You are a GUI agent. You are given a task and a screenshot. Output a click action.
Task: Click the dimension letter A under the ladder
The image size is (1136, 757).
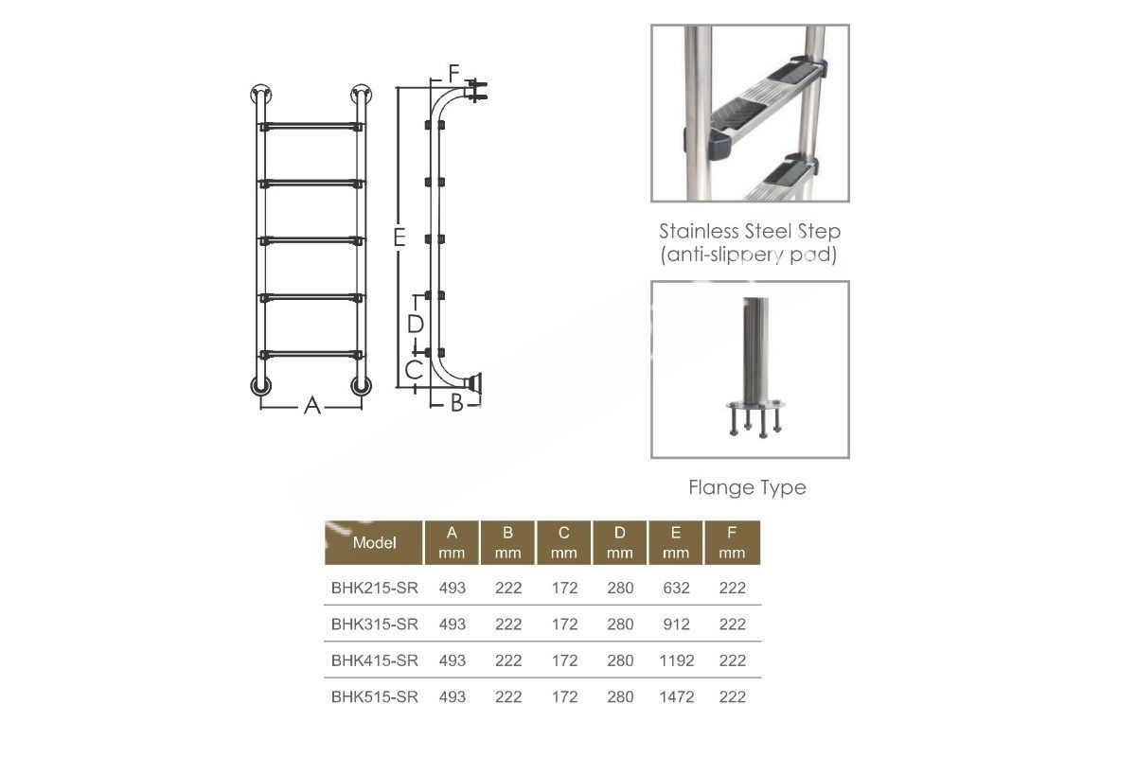312,406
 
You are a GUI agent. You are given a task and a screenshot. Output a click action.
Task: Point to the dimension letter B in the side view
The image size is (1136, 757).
457,403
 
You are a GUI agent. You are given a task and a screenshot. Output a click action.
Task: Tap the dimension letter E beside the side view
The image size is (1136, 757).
399,238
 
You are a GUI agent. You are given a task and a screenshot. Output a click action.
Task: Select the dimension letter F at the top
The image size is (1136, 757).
453,74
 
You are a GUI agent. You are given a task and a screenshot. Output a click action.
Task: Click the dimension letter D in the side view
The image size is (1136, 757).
416,324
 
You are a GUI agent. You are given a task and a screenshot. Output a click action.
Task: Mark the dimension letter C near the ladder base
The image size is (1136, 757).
415,370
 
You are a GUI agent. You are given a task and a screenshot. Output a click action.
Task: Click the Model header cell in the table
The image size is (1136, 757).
374,542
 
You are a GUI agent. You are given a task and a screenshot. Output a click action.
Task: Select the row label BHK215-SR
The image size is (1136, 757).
375,588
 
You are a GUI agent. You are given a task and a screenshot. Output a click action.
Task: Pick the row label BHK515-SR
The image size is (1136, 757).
375,696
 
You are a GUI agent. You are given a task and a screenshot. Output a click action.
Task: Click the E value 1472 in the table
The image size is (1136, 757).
677,696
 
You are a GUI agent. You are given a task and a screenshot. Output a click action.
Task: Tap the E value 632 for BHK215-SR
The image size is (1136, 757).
677,588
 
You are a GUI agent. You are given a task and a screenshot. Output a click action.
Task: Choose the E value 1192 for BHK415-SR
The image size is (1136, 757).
677,660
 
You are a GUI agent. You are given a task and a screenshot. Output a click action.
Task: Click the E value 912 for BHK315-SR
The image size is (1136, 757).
677,624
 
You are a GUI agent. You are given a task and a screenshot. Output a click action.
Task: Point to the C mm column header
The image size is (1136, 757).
564,542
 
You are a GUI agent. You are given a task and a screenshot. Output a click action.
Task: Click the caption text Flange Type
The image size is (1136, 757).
747,487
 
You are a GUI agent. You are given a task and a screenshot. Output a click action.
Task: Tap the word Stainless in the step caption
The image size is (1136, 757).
699,231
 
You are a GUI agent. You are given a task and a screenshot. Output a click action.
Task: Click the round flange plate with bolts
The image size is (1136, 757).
755,405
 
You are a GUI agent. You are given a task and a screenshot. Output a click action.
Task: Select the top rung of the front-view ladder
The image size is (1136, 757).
311,125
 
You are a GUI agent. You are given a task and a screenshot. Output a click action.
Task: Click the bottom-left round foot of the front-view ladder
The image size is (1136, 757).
260,386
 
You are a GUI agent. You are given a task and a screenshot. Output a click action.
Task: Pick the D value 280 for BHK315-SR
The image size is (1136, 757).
620,624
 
